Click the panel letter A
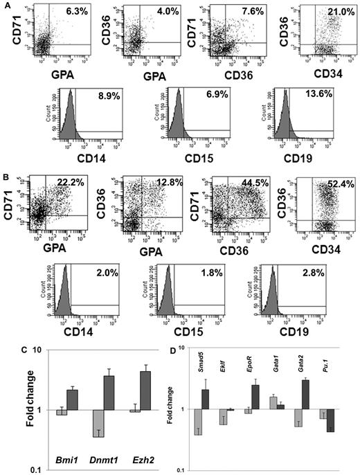(x=5, y=5)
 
